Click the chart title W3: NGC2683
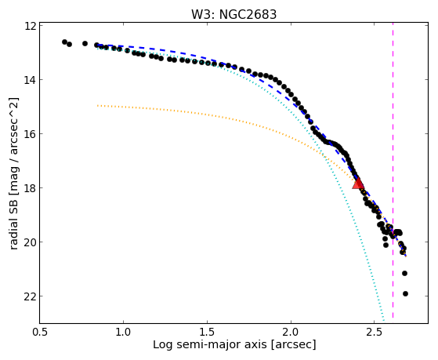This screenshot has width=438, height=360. point(233,14)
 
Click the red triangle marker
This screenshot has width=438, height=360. point(358,184)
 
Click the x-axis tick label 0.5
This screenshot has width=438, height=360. point(40,332)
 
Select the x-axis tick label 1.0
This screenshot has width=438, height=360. point(124,332)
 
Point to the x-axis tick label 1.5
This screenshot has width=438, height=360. point(207,332)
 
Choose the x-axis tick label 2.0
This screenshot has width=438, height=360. point(291,332)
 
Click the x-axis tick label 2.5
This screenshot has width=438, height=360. point(375,332)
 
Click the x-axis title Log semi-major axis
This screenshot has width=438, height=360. point(210,345)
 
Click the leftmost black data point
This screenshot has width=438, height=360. point(64,42)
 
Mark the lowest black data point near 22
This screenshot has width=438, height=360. point(405,293)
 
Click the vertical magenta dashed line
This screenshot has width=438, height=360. point(393,171)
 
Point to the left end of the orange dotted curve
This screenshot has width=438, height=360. point(97,105)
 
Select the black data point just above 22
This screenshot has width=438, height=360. point(404,273)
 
